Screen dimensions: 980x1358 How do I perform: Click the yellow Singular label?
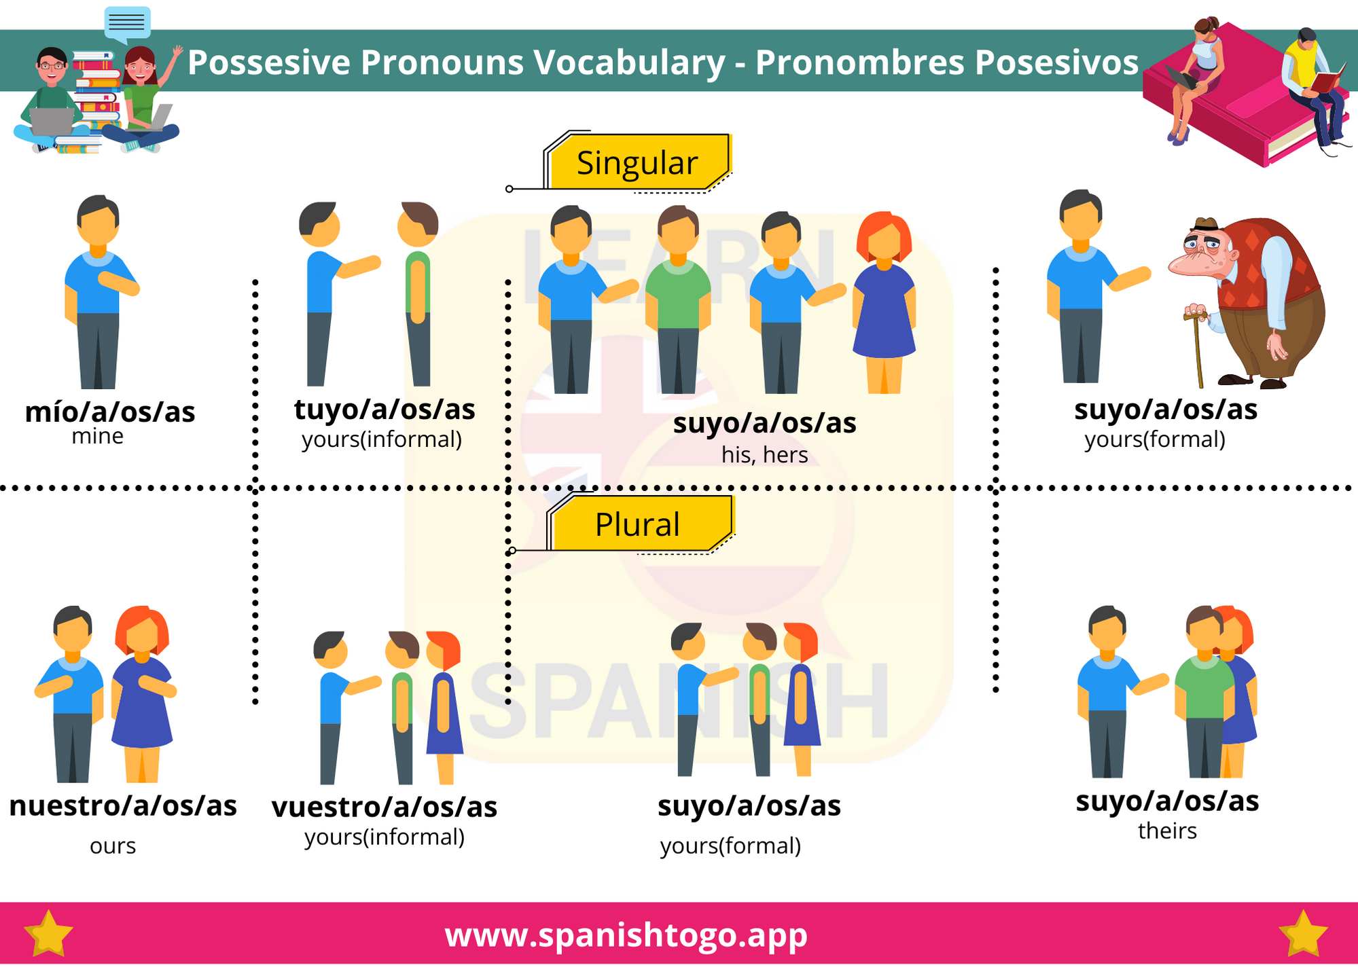coord(637,163)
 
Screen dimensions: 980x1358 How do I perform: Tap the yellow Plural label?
coord(637,524)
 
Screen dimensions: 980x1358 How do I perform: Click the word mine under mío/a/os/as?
coord(98,436)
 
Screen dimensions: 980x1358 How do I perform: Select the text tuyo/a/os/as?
coord(385,410)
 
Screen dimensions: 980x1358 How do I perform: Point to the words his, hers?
coord(764,454)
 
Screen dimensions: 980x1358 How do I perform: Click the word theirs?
coord(1167,831)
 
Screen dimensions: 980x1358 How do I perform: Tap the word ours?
coord(113,846)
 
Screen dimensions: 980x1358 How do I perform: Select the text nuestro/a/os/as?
coord(123,805)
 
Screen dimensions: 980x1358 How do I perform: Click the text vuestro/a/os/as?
coord(385,807)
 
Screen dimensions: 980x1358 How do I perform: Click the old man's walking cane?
coord(1197,350)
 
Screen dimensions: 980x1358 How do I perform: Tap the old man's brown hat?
coord(1206,223)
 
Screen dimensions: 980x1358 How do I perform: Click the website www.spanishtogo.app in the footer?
coord(626,934)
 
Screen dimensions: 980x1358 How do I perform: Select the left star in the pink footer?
coord(48,934)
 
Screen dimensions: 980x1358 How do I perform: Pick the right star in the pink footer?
coord(1302,934)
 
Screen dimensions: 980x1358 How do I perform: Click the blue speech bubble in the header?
coord(127,23)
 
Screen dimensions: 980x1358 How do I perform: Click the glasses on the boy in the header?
coord(52,66)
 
